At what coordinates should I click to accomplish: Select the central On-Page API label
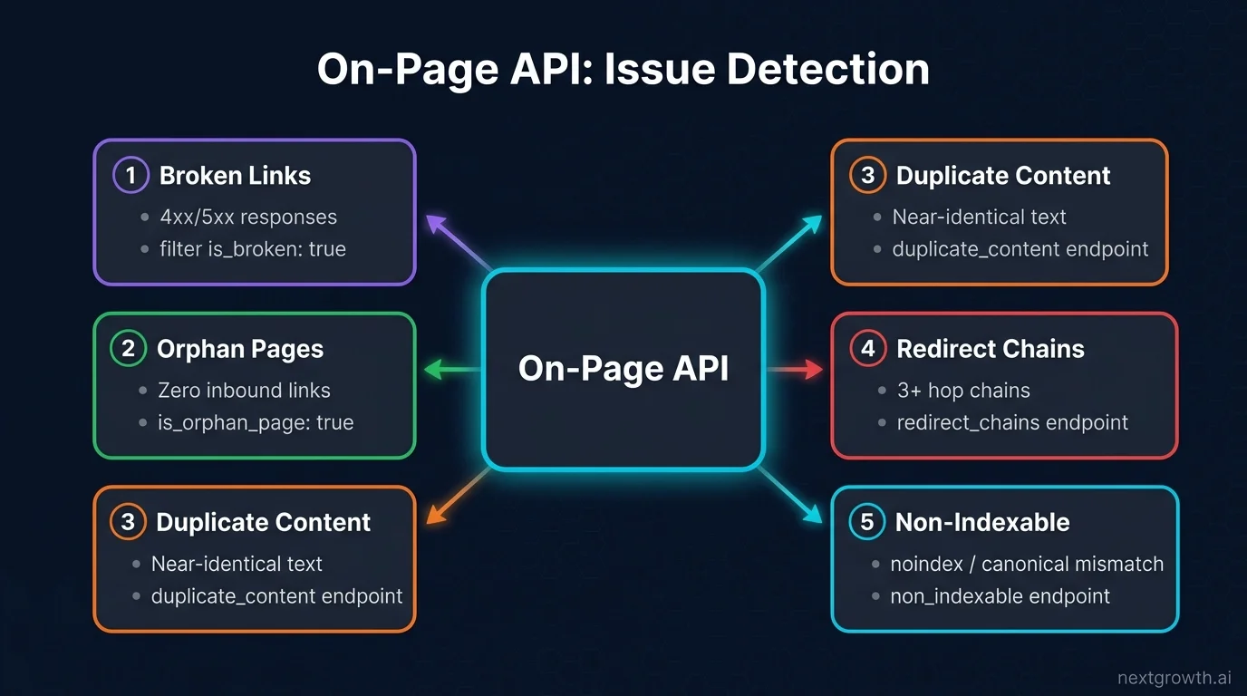623,369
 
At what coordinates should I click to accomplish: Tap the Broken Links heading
235,176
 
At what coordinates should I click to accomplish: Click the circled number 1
130,175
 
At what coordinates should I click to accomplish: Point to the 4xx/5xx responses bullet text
249,217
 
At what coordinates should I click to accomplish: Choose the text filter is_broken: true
252,249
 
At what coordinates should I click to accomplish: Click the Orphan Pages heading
240,349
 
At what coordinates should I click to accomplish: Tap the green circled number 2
128,349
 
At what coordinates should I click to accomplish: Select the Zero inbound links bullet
244,391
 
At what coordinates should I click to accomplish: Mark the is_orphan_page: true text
256,422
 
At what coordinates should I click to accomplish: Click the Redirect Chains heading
990,349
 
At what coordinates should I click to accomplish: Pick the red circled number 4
867,349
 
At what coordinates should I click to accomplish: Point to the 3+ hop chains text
963,391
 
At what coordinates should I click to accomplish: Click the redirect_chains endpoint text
1012,422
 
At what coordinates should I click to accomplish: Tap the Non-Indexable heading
982,522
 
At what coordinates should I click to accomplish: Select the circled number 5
867,522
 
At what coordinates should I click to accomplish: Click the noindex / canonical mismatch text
1027,564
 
